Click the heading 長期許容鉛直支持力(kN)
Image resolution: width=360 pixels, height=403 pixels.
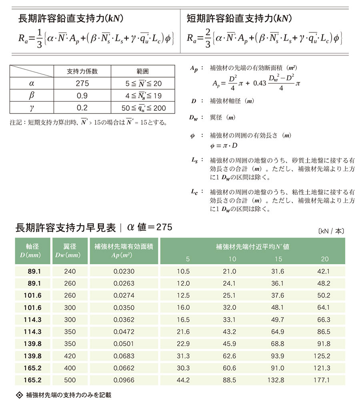[x=70, y=18]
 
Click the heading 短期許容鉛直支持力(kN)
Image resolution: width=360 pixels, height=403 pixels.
[x=239, y=18]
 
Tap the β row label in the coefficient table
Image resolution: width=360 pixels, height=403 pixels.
[x=32, y=96]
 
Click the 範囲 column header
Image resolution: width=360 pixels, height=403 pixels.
[x=142, y=72]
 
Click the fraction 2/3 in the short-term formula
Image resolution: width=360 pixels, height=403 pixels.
[x=207, y=39]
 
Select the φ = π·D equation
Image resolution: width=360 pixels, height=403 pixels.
[x=224, y=145]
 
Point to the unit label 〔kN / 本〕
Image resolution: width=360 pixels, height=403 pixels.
[x=331, y=231]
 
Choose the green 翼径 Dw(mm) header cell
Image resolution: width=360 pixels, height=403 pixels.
[x=70, y=251]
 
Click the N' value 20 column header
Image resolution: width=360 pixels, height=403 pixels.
[x=325, y=259]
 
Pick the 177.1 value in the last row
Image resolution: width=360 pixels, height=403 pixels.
[x=321, y=380]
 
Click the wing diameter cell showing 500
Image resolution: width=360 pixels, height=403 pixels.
[x=70, y=380]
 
